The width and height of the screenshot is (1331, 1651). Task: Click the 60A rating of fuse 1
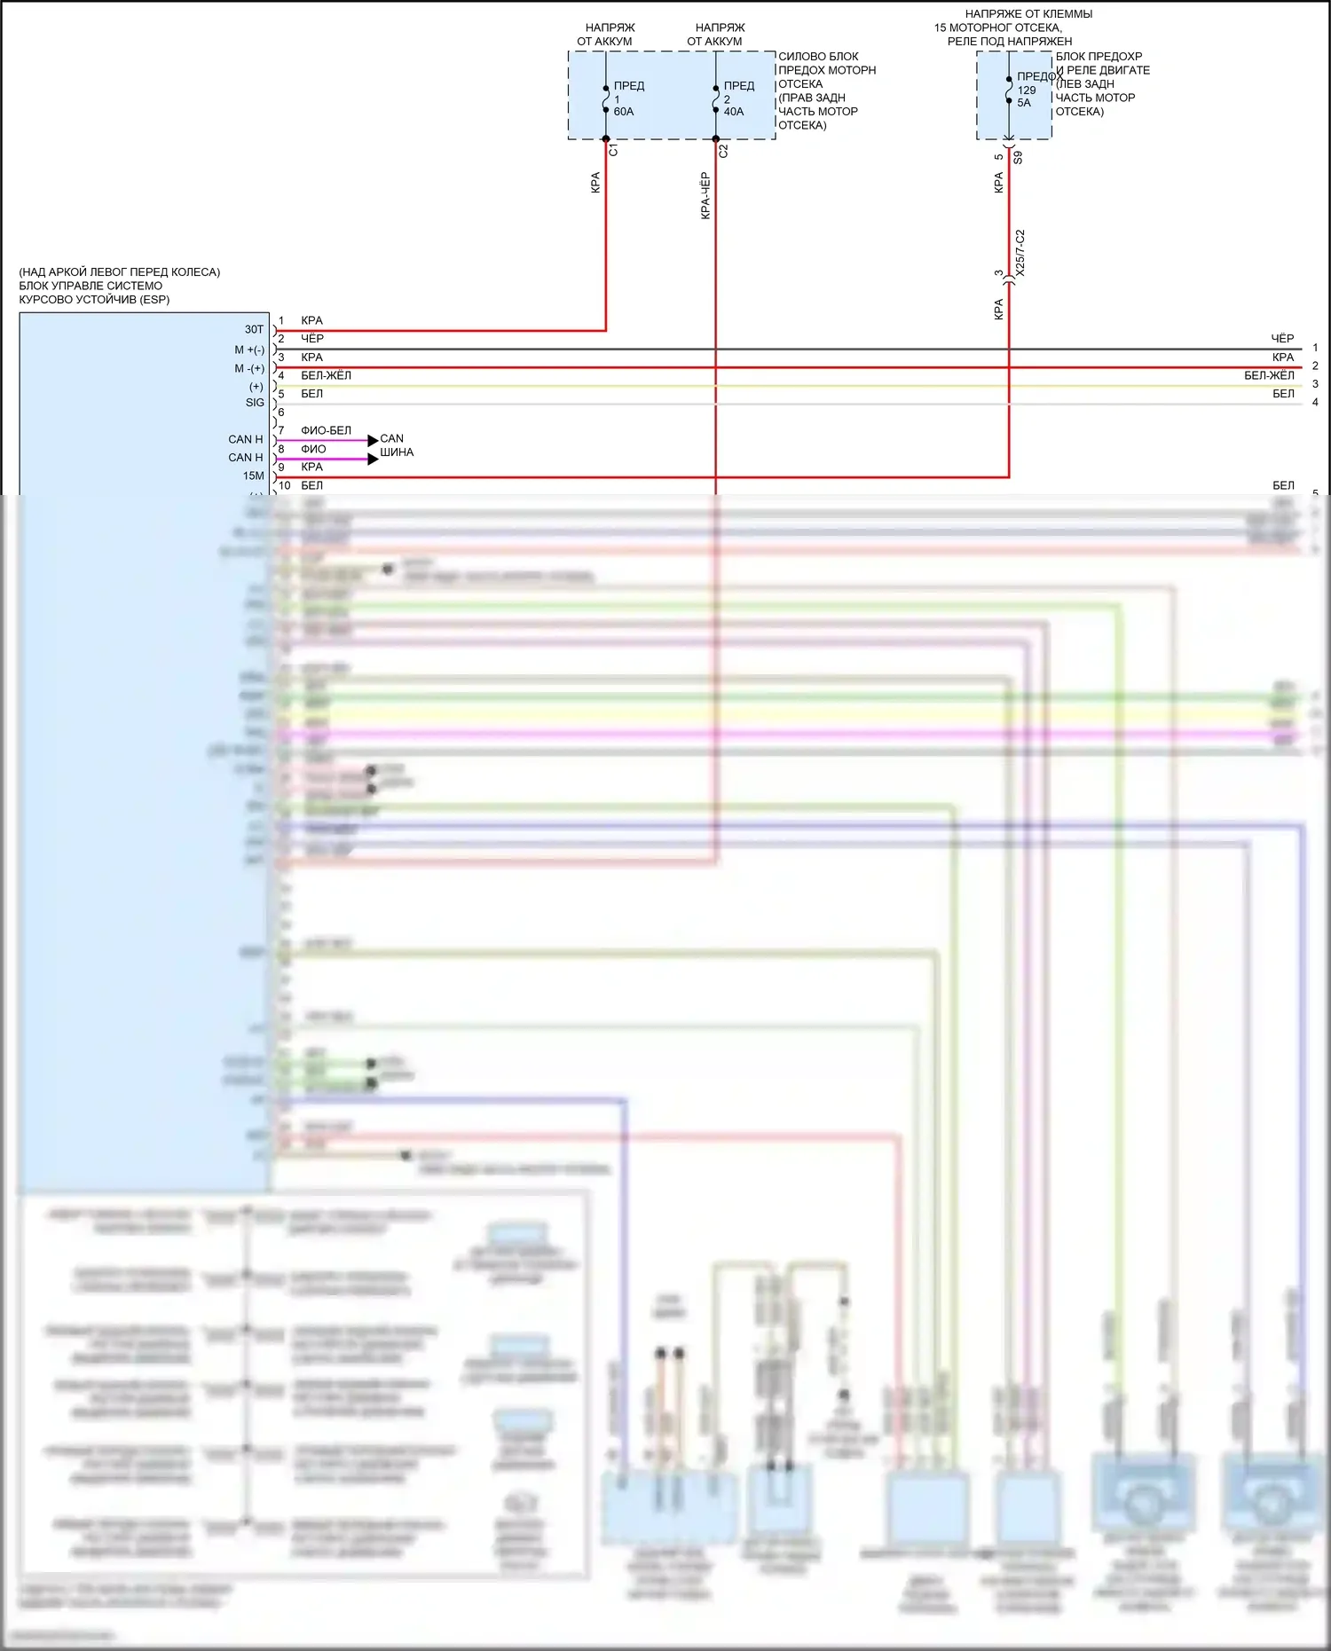[623, 112]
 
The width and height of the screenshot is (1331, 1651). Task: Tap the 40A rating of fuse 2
[733, 112]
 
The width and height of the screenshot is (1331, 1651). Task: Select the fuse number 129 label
[1026, 90]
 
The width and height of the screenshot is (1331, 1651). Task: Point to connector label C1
[613, 151]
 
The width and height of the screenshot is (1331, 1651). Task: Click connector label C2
[723, 151]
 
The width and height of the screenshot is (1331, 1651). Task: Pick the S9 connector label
[1018, 158]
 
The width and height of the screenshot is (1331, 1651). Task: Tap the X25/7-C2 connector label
[1020, 253]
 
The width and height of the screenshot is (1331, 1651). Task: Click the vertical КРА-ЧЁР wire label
[705, 196]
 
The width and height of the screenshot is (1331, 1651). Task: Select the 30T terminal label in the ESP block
[254, 329]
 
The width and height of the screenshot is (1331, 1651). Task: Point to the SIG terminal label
[255, 403]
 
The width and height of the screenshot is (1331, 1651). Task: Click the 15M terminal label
[253, 476]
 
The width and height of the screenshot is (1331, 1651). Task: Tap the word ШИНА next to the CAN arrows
[397, 452]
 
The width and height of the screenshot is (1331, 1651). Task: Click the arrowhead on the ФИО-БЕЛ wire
[373, 440]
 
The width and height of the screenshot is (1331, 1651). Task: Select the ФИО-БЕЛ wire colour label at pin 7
[326, 430]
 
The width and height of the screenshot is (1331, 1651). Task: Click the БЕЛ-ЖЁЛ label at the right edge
[1269, 376]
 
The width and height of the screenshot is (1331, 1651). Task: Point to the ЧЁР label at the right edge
[1282, 339]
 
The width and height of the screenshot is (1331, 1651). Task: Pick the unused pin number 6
[281, 413]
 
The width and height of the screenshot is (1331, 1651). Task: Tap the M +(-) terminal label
[249, 350]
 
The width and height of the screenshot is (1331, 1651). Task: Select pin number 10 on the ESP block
[284, 486]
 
